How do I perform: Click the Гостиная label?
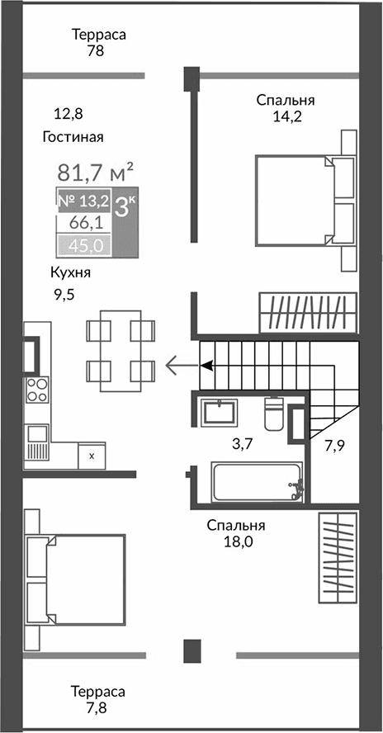pos(74,137)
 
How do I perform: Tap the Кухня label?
pos(69,273)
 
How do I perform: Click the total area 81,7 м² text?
pos(95,173)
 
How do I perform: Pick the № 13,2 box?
pos(83,201)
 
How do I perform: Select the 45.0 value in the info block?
pos(83,244)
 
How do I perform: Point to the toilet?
pos(274,413)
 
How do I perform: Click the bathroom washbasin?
pos(220,412)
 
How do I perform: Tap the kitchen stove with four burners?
pos(37,388)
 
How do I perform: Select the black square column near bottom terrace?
pos(193,650)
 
